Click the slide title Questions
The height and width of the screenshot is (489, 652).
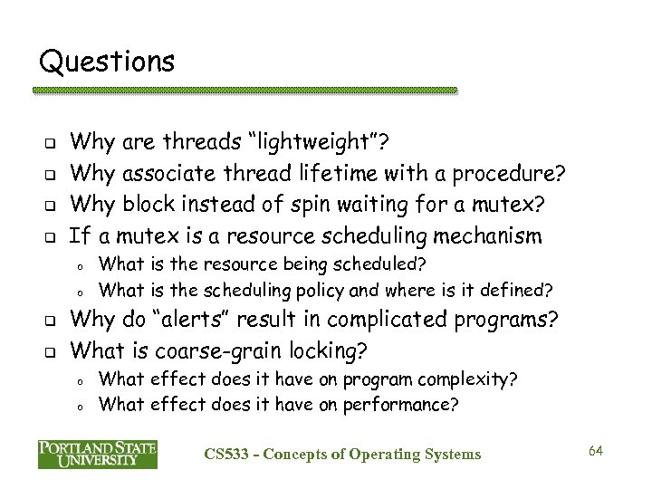107,62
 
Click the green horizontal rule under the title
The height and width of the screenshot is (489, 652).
244,91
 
